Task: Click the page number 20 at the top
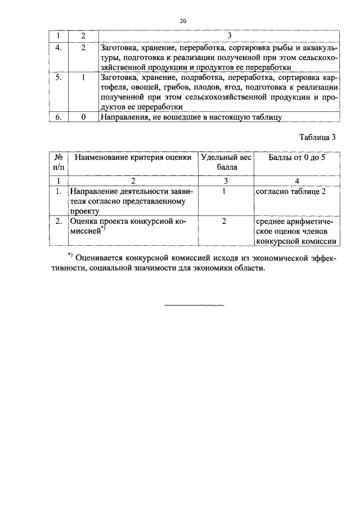tap(182, 21)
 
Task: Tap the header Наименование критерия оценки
tap(133, 157)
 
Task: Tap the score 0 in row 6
tap(82, 117)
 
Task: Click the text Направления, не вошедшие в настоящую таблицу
tap(190, 117)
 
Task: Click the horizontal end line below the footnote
tap(193, 305)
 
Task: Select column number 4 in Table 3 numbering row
tap(296, 181)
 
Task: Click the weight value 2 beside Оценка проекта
tap(224, 221)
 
